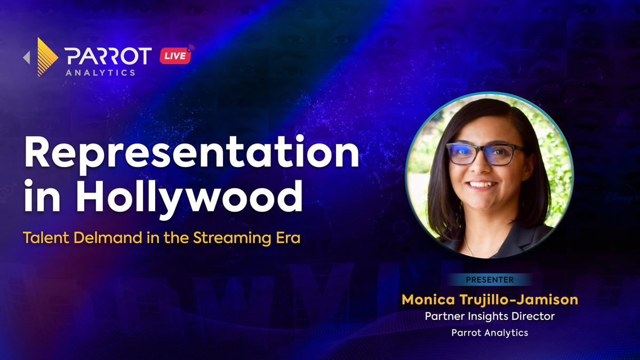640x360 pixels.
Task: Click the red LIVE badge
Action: click(175, 55)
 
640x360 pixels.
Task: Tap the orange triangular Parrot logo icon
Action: click(47, 57)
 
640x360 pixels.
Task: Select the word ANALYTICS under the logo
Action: click(101, 73)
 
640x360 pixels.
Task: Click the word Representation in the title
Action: click(191, 154)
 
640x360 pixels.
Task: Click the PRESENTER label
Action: click(490, 279)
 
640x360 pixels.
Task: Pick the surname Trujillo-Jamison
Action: click(519, 300)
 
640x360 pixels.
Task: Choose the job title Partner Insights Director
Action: click(490, 316)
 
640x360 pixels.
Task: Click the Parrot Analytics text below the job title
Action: click(490, 333)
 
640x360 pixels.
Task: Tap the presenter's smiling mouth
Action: click(482, 185)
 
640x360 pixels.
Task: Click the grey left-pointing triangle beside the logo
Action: click(26, 58)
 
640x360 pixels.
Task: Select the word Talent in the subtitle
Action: click(46, 238)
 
